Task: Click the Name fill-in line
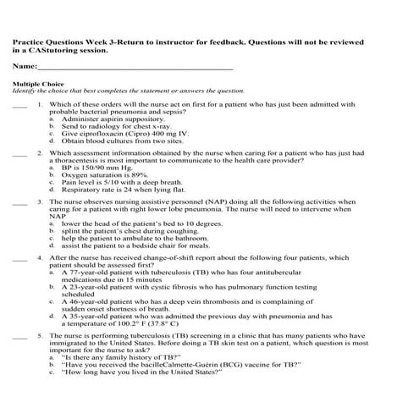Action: (x=135, y=67)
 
